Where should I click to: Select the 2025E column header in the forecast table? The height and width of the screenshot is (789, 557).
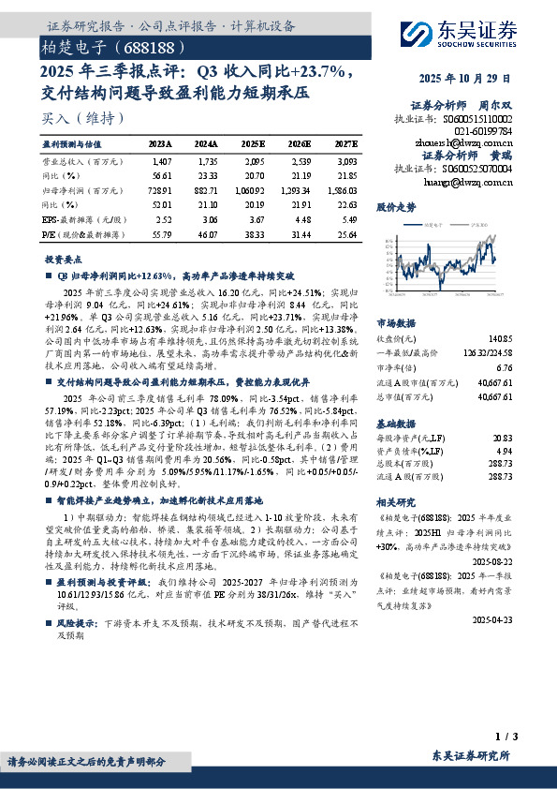click(253, 144)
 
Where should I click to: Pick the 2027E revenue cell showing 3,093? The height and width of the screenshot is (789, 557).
click(345, 162)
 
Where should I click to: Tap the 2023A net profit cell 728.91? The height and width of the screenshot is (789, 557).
click(159, 190)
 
